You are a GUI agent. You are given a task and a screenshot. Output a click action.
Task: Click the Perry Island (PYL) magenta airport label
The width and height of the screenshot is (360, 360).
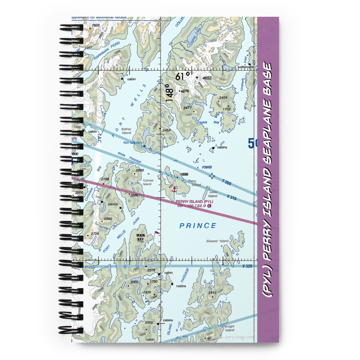pyautogui.click(x=194, y=201)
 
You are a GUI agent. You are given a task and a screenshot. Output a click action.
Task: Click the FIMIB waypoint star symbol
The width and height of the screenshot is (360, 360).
pyautogui.click(x=212, y=176)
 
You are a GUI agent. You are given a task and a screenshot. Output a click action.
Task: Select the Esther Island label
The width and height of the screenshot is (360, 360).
pyautogui.click(x=126, y=131)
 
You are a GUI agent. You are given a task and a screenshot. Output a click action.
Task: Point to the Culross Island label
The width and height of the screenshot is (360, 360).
pyautogui.click(x=148, y=182)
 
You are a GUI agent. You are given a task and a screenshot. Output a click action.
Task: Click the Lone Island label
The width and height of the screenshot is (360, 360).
pyautogui.click(x=213, y=194)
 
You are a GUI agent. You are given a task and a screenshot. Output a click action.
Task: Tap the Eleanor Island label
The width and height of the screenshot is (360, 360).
pyautogui.click(x=217, y=241)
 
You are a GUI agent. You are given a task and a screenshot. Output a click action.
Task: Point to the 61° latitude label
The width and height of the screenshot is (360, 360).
pyautogui.click(x=183, y=77)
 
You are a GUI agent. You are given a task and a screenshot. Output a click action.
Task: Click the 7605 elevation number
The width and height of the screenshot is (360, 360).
pyautogui.click(x=95, y=26)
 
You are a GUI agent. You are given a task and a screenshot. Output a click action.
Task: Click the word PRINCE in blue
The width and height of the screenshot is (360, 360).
pyautogui.click(x=198, y=226)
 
